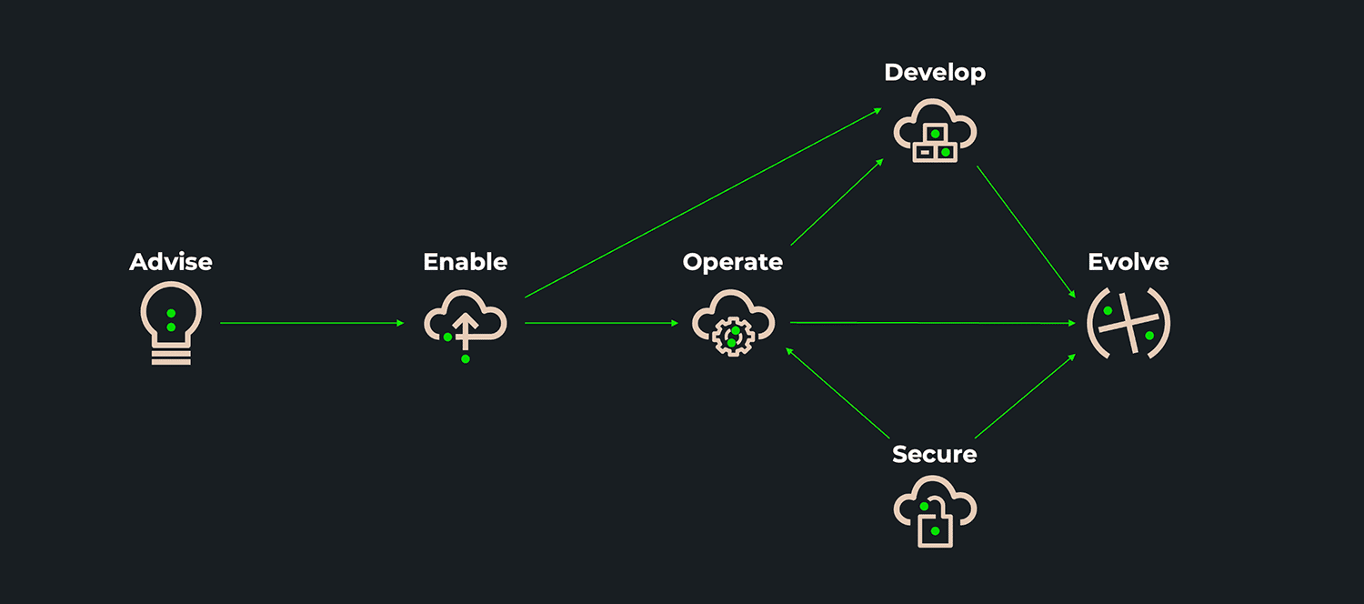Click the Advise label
(x=171, y=262)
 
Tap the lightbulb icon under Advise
(x=171, y=323)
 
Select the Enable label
(x=465, y=262)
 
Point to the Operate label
(x=732, y=262)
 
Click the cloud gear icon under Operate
(x=732, y=323)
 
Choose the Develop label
(x=934, y=73)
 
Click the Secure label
(x=934, y=454)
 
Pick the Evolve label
(x=1128, y=262)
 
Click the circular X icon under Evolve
(x=1128, y=323)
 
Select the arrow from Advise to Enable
(x=312, y=323)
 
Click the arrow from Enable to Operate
(x=601, y=323)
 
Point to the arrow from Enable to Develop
(x=703, y=203)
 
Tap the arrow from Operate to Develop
(x=837, y=202)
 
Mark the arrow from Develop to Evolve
(x=1026, y=232)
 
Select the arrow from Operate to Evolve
(x=932, y=323)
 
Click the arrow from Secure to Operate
(x=837, y=392)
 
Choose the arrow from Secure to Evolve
(x=1025, y=397)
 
